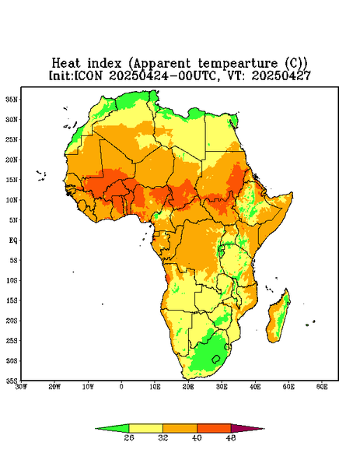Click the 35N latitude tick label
[x=12, y=99]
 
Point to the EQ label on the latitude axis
[x=13, y=240]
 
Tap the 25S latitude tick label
[x=12, y=340]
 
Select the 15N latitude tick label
[x=12, y=180]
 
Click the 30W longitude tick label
[x=21, y=387]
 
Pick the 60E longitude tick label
[x=322, y=387]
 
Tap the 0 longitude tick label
[x=121, y=387]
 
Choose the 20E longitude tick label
[x=188, y=387]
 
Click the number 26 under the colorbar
[x=129, y=437]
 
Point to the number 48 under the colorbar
[x=231, y=437]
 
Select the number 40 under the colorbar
[x=197, y=437]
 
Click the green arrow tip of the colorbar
[x=95, y=429]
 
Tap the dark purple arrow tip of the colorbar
[x=264, y=429]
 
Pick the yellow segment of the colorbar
[x=145, y=429]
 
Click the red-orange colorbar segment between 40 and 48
[x=214, y=429]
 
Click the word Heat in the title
[x=66, y=64]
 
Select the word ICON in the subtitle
[x=88, y=75]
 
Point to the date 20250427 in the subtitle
[x=281, y=75]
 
